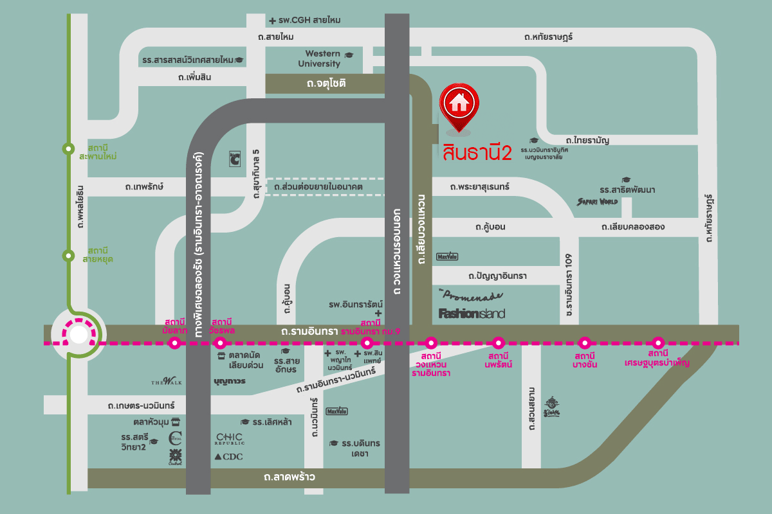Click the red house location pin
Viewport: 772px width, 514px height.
(x=458, y=103)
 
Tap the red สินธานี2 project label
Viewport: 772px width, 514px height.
(x=477, y=152)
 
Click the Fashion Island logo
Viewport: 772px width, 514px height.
(x=472, y=314)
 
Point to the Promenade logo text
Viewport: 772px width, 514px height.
(x=472, y=297)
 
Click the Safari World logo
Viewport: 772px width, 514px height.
(x=597, y=201)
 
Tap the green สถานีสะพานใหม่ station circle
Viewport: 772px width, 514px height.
(x=68, y=149)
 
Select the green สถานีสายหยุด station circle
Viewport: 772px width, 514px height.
(x=68, y=256)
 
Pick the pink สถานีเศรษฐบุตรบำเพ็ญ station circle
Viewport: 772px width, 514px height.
(x=657, y=342)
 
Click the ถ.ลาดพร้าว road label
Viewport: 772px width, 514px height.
(x=289, y=478)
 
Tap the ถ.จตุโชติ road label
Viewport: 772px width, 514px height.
(x=326, y=84)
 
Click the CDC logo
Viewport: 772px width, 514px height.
(x=228, y=456)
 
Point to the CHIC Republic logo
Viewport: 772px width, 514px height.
(x=230, y=439)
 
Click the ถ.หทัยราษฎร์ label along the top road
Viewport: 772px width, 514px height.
(x=548, y=37)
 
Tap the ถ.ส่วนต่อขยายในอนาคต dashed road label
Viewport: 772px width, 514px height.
(x=318, y=187)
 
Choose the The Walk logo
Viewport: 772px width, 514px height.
(x=167, y=382)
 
